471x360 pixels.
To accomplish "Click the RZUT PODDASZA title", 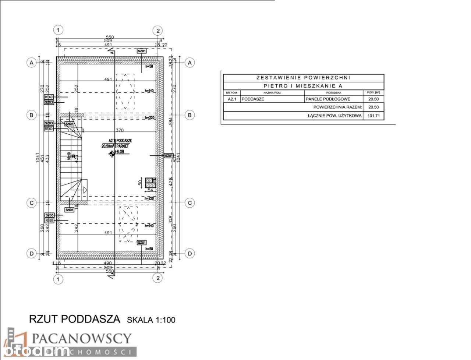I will coord(74,319).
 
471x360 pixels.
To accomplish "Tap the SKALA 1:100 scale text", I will coord(151,320).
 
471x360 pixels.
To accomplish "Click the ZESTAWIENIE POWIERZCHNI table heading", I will coord(303,78).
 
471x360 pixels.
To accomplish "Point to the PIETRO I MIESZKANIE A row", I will coord(303,86).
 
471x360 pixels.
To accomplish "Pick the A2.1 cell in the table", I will coord(231,99).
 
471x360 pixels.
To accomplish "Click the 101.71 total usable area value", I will coord(373,116).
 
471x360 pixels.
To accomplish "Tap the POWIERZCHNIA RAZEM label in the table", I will coord(337,107).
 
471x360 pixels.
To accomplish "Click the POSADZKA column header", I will coord(333,93).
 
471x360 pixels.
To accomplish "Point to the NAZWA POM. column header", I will coord(272,93).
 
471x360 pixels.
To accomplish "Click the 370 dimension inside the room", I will coord(120,130).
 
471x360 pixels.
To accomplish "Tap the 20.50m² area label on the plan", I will coord(108,146).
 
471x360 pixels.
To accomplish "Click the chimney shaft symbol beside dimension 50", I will coord(150,183).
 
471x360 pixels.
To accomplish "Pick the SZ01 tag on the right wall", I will coord(168,156).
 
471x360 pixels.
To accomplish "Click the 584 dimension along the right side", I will coord(170,121).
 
